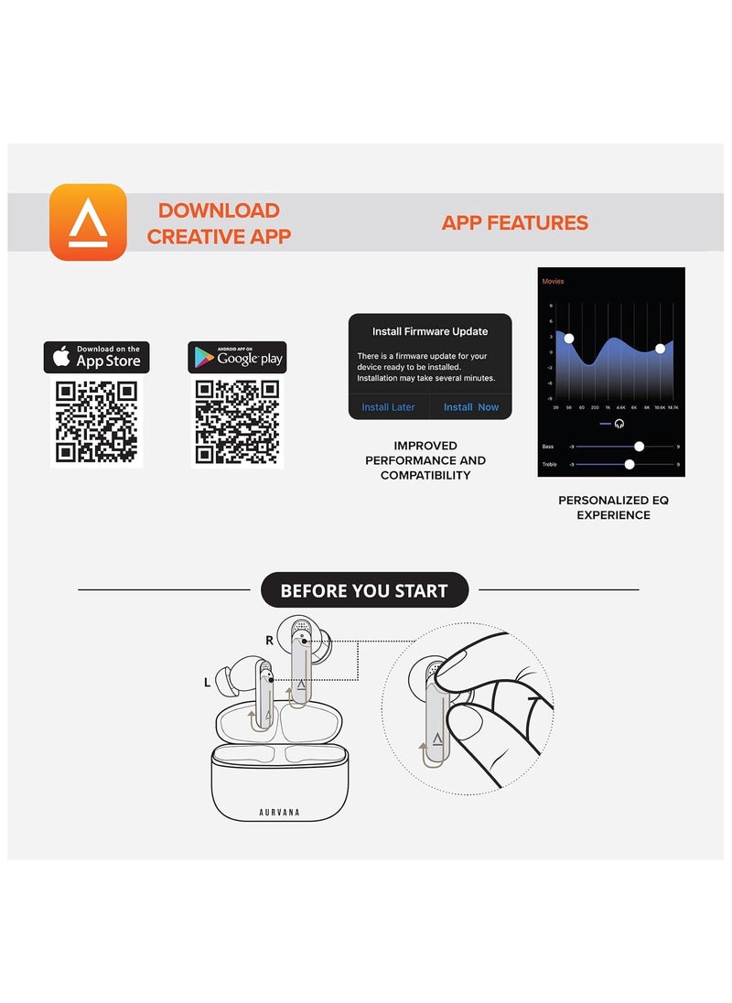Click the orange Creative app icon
click(x=88, y=222)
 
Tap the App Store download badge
click(x=96, y=357)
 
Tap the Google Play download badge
click(x=237, y=357)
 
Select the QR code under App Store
click(x=96, y=422)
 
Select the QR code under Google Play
click(x=237, y=422)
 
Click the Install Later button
click(x=388, y=407)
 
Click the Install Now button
click(x=471, y=407)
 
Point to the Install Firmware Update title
click(x=430, y=331)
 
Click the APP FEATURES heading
click(x=514, y=223)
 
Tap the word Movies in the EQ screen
click(x=553, y=282)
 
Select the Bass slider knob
click(x=640, y=447)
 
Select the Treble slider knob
click(x=630, y=465)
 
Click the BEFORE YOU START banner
click(x=364, y=590)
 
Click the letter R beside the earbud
click(x=269, y=641)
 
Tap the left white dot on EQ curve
click(x=569, y=339)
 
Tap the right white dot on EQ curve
click(x=660, y=349)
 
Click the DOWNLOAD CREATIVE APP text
click(x=219, y=224)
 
